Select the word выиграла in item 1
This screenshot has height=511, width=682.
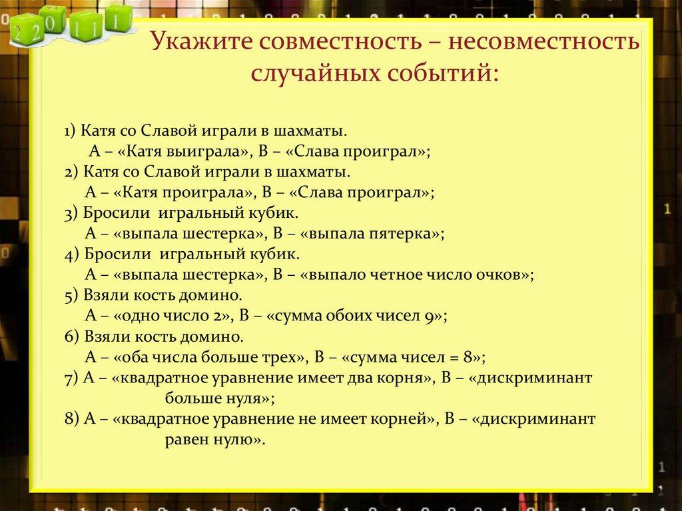212,152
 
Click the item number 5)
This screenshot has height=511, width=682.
73,296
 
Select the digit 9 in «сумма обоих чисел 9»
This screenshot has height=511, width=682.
430,317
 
